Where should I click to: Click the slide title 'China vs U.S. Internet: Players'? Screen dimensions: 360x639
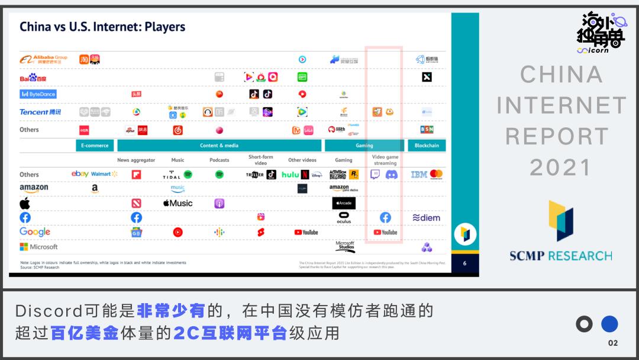(102, 27)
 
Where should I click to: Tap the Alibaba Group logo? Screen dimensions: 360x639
(44, 60)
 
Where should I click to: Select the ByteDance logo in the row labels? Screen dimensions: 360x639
(38, 94)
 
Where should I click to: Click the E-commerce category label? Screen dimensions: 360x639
(95, 146)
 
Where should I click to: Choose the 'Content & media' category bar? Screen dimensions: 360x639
(220, 146)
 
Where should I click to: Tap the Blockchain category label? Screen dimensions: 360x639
(427, 146)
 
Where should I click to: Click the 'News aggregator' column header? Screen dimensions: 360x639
(136, 160)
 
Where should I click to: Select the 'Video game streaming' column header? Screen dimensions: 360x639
(385, 160)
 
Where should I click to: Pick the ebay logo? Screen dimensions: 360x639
(80, 174)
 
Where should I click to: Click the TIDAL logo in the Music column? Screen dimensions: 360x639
(172, 175)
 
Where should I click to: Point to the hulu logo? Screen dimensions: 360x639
(290, 175)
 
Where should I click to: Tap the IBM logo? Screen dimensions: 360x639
(419, 175)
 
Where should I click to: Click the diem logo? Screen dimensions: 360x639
(427, 218)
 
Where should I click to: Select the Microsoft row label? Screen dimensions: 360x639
(39, 247)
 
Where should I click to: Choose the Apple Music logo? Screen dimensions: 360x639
(178, 203)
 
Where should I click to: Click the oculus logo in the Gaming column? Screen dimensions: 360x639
(344, 218)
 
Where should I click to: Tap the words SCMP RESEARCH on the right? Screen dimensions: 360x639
(561, 256)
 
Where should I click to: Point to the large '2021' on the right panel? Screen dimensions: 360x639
(560, 168)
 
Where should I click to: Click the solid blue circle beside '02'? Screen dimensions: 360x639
(609, 324)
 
